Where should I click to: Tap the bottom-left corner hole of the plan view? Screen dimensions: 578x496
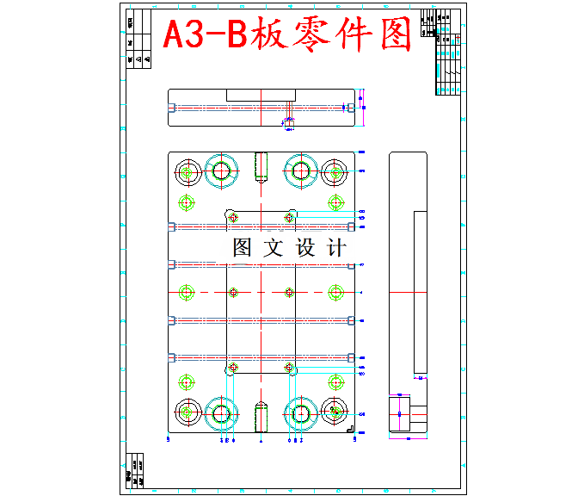[x=186, y=413]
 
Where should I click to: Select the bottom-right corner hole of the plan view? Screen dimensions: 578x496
[x=335, y=413]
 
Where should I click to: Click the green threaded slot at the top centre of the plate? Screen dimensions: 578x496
[x=261, y=167]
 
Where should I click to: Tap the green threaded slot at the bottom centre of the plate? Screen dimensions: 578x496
[x=261, y=418]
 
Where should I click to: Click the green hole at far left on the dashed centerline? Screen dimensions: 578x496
[x=186, y=292]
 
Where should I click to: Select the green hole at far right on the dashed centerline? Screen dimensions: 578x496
[x=335, y=292]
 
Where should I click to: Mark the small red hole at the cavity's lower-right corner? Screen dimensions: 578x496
[x=289, y=367]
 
